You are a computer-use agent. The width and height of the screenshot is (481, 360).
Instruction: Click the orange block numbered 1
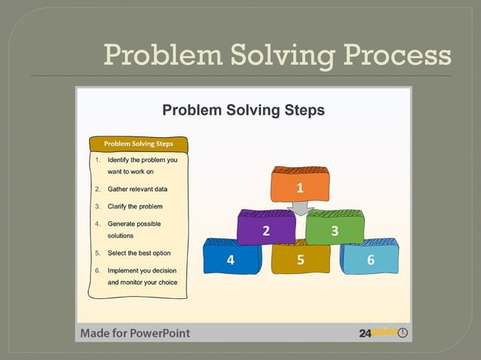(x=299, y=188)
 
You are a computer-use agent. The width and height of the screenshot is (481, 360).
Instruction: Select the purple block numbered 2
(x=265, y=230)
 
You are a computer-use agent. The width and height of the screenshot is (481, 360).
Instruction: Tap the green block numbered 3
(x=334, y=230)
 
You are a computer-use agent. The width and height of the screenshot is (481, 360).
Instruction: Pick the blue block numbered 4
(x=231, y=260)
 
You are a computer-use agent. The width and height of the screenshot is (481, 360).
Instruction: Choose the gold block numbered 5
(x=300, y=260)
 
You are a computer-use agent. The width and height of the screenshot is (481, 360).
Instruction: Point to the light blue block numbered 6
(x=369, y=260)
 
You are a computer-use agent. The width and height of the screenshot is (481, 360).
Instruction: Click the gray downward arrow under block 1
(x=300, y=209)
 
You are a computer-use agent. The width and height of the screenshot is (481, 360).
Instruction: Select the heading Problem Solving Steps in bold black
(x=244, y=111)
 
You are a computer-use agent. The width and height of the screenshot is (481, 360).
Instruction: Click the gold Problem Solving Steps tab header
(x=138, y=143)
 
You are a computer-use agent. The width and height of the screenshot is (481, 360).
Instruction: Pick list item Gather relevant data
(x=137, y=189)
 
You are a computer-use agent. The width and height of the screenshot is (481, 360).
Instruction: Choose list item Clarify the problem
(x=135, y=206)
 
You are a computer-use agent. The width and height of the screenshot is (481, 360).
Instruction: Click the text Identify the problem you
(x=142, y=160)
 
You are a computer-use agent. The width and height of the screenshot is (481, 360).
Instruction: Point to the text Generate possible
(x=134, y=224)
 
